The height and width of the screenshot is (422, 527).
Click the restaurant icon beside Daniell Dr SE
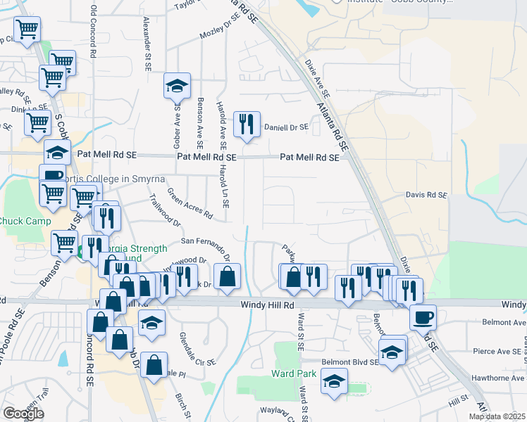247,124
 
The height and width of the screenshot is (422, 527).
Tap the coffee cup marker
423,317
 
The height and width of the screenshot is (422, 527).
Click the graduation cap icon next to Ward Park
334,382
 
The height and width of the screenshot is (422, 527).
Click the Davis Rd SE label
426,195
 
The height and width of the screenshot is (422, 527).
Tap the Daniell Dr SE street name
286,127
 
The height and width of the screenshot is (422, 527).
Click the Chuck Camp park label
25,222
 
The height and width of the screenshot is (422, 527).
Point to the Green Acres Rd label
190,202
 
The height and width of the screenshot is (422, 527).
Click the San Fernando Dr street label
206,247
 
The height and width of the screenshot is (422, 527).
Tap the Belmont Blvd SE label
346,362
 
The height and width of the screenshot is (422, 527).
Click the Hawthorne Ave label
501,378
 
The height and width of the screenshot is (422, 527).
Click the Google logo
23,414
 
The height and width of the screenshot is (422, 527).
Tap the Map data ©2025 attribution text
497,416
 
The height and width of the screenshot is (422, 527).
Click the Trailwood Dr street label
165,210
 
